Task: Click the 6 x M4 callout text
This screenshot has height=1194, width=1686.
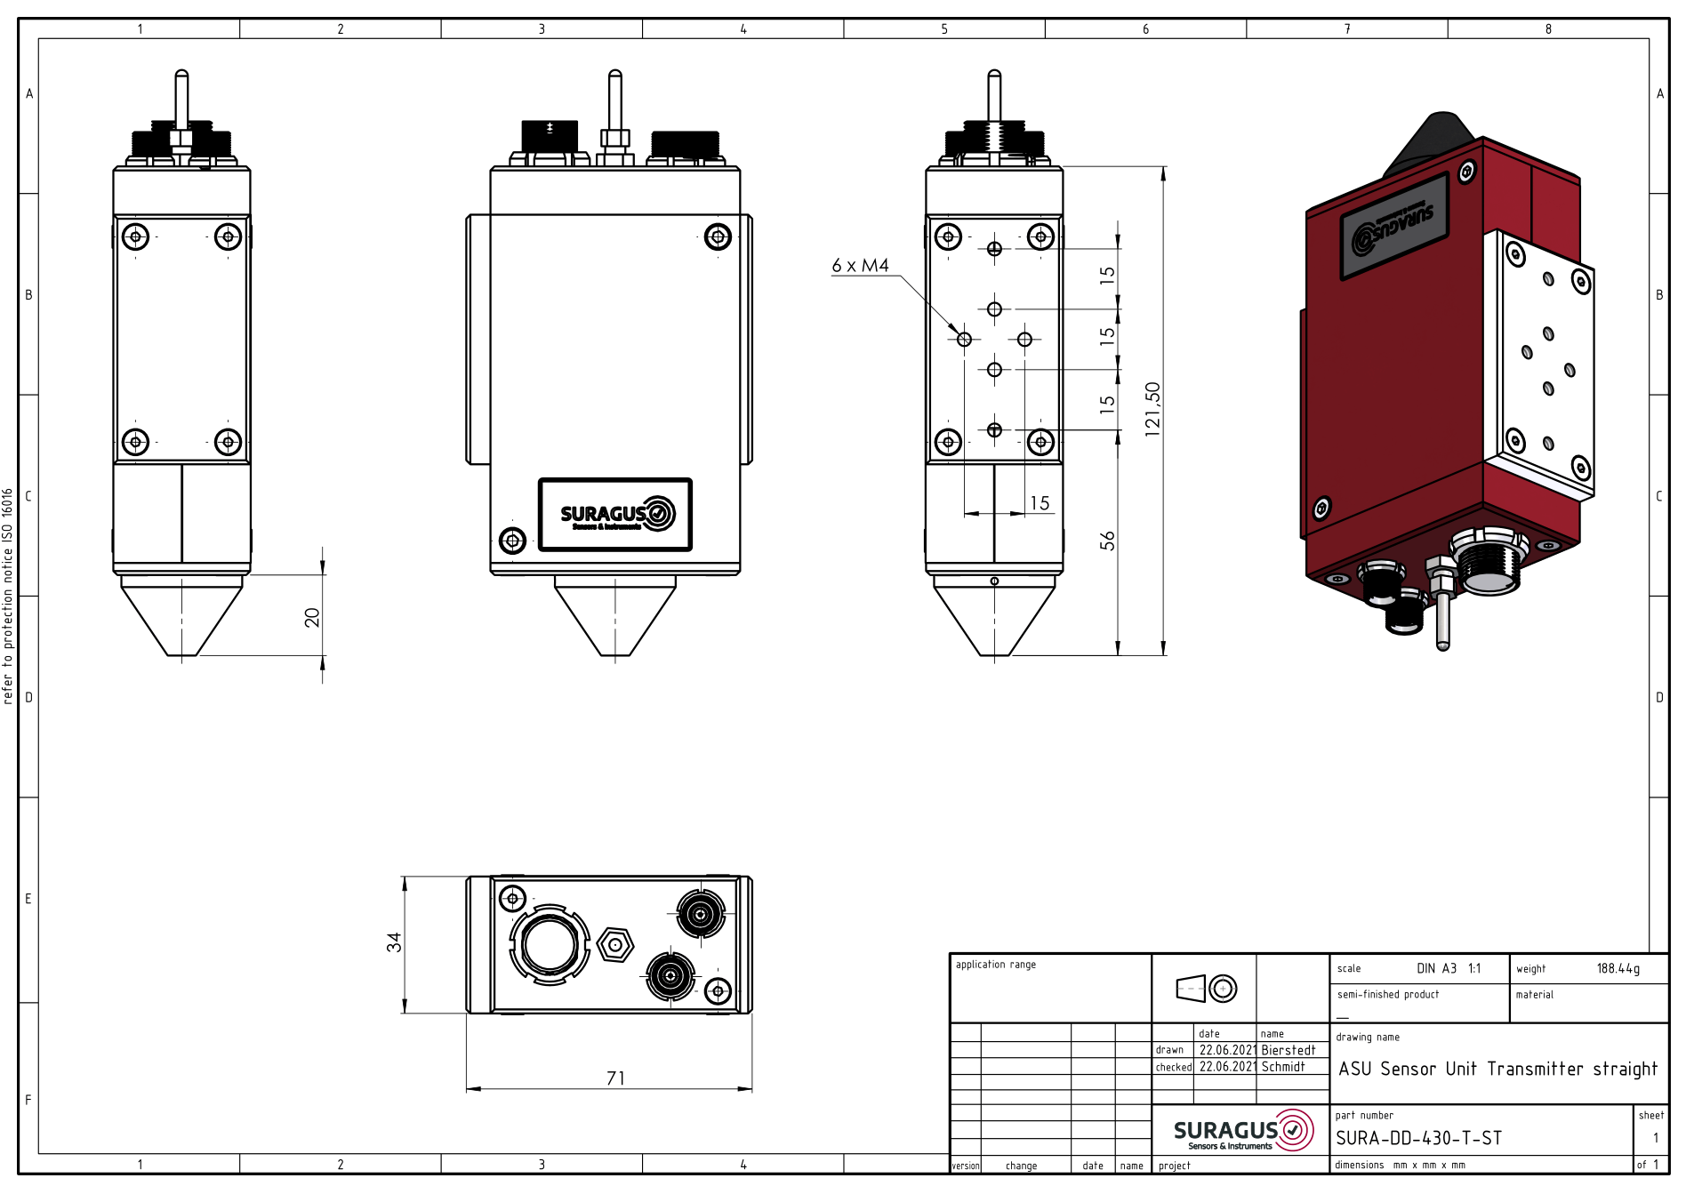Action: point(860,265)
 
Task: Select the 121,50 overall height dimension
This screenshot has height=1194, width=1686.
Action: point(1153,409)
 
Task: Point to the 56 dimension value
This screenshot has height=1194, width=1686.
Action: point(1107,541)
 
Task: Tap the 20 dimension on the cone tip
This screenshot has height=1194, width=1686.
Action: point(312,617)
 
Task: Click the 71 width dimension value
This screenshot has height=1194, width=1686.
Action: point(615,1078)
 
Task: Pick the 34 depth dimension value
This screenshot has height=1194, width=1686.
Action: point(394,942)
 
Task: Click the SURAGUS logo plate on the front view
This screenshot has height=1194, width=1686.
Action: point(615,515)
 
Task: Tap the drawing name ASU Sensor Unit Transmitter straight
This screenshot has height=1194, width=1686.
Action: point(1498,1069)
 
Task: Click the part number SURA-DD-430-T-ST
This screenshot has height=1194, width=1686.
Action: point(1418,1138)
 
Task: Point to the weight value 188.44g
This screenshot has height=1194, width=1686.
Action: point(1618,968)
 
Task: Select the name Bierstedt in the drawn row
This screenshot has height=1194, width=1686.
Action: point(1288,1050)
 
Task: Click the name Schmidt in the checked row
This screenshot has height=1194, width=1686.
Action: point(1283,1067)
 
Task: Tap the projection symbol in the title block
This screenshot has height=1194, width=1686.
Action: point(1206,988)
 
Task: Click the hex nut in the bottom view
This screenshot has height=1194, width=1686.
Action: point(615,944)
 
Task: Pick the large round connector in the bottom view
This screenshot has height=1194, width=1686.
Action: point(550,944)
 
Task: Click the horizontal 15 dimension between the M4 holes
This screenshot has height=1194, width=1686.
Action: point(1040,503)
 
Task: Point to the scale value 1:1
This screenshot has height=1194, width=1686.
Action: point(1474,968)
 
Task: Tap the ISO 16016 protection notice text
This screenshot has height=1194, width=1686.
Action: point(8,596)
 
